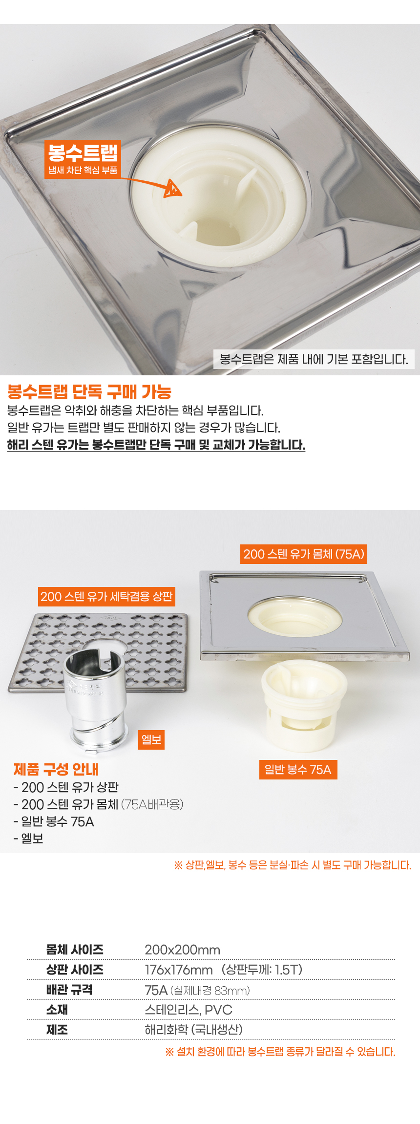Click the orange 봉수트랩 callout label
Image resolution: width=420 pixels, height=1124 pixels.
tap(83, 159)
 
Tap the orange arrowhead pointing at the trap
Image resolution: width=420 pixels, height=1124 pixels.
tap(172, 189)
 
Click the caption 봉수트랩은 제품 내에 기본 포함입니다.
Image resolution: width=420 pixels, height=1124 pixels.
tap(314, 359)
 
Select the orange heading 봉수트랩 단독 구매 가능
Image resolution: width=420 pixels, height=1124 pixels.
tap(89, 392)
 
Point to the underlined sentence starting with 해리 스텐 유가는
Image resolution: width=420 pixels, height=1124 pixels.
tap(156, 445)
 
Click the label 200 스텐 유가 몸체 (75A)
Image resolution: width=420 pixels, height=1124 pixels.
tap(304, 554)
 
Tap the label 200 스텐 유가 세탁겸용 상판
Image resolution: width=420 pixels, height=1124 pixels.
tap(106, 597)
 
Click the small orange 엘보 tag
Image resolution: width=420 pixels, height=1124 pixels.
tap(151, 739)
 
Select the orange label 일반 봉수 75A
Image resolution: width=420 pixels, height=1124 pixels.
tap(298, 770)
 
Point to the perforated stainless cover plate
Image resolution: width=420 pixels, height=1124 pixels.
tap(98, 652)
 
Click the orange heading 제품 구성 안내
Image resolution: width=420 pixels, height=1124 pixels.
tap(56, 769)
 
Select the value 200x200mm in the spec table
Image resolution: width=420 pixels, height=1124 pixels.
tap(183, 950)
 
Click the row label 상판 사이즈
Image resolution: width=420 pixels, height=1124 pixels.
tap(75, 970)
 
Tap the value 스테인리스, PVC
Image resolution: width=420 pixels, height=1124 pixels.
tap(189, 1010)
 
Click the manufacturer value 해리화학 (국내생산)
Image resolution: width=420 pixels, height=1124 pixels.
tap(194, 1030)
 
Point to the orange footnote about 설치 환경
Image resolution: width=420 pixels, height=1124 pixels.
tap(280, 1052)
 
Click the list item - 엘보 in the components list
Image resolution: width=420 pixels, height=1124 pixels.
tap(29, 839)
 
